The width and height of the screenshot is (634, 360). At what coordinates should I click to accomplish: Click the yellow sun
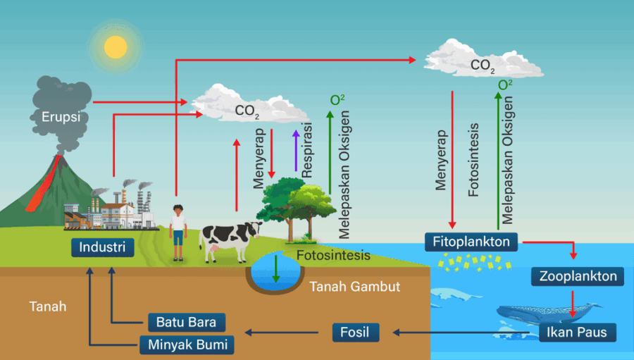pos(116,46)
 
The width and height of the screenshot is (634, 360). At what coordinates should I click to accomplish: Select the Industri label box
pos(102,247)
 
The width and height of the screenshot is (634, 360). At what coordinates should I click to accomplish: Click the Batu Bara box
pos(187,323)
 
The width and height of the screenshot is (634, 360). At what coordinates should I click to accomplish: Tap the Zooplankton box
pos(578,277)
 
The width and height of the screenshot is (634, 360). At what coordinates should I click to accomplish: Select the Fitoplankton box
pos(471,242)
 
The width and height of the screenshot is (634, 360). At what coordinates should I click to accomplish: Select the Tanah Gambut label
pos(354,287)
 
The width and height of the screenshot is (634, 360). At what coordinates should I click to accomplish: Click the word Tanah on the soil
pos(48,306)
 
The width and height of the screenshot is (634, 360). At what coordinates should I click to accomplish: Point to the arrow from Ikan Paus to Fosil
pos(465,332)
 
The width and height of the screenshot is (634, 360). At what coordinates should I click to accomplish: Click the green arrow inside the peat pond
pos(275,268)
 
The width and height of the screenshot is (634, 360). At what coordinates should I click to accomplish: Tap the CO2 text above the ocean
pos(483,66)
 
